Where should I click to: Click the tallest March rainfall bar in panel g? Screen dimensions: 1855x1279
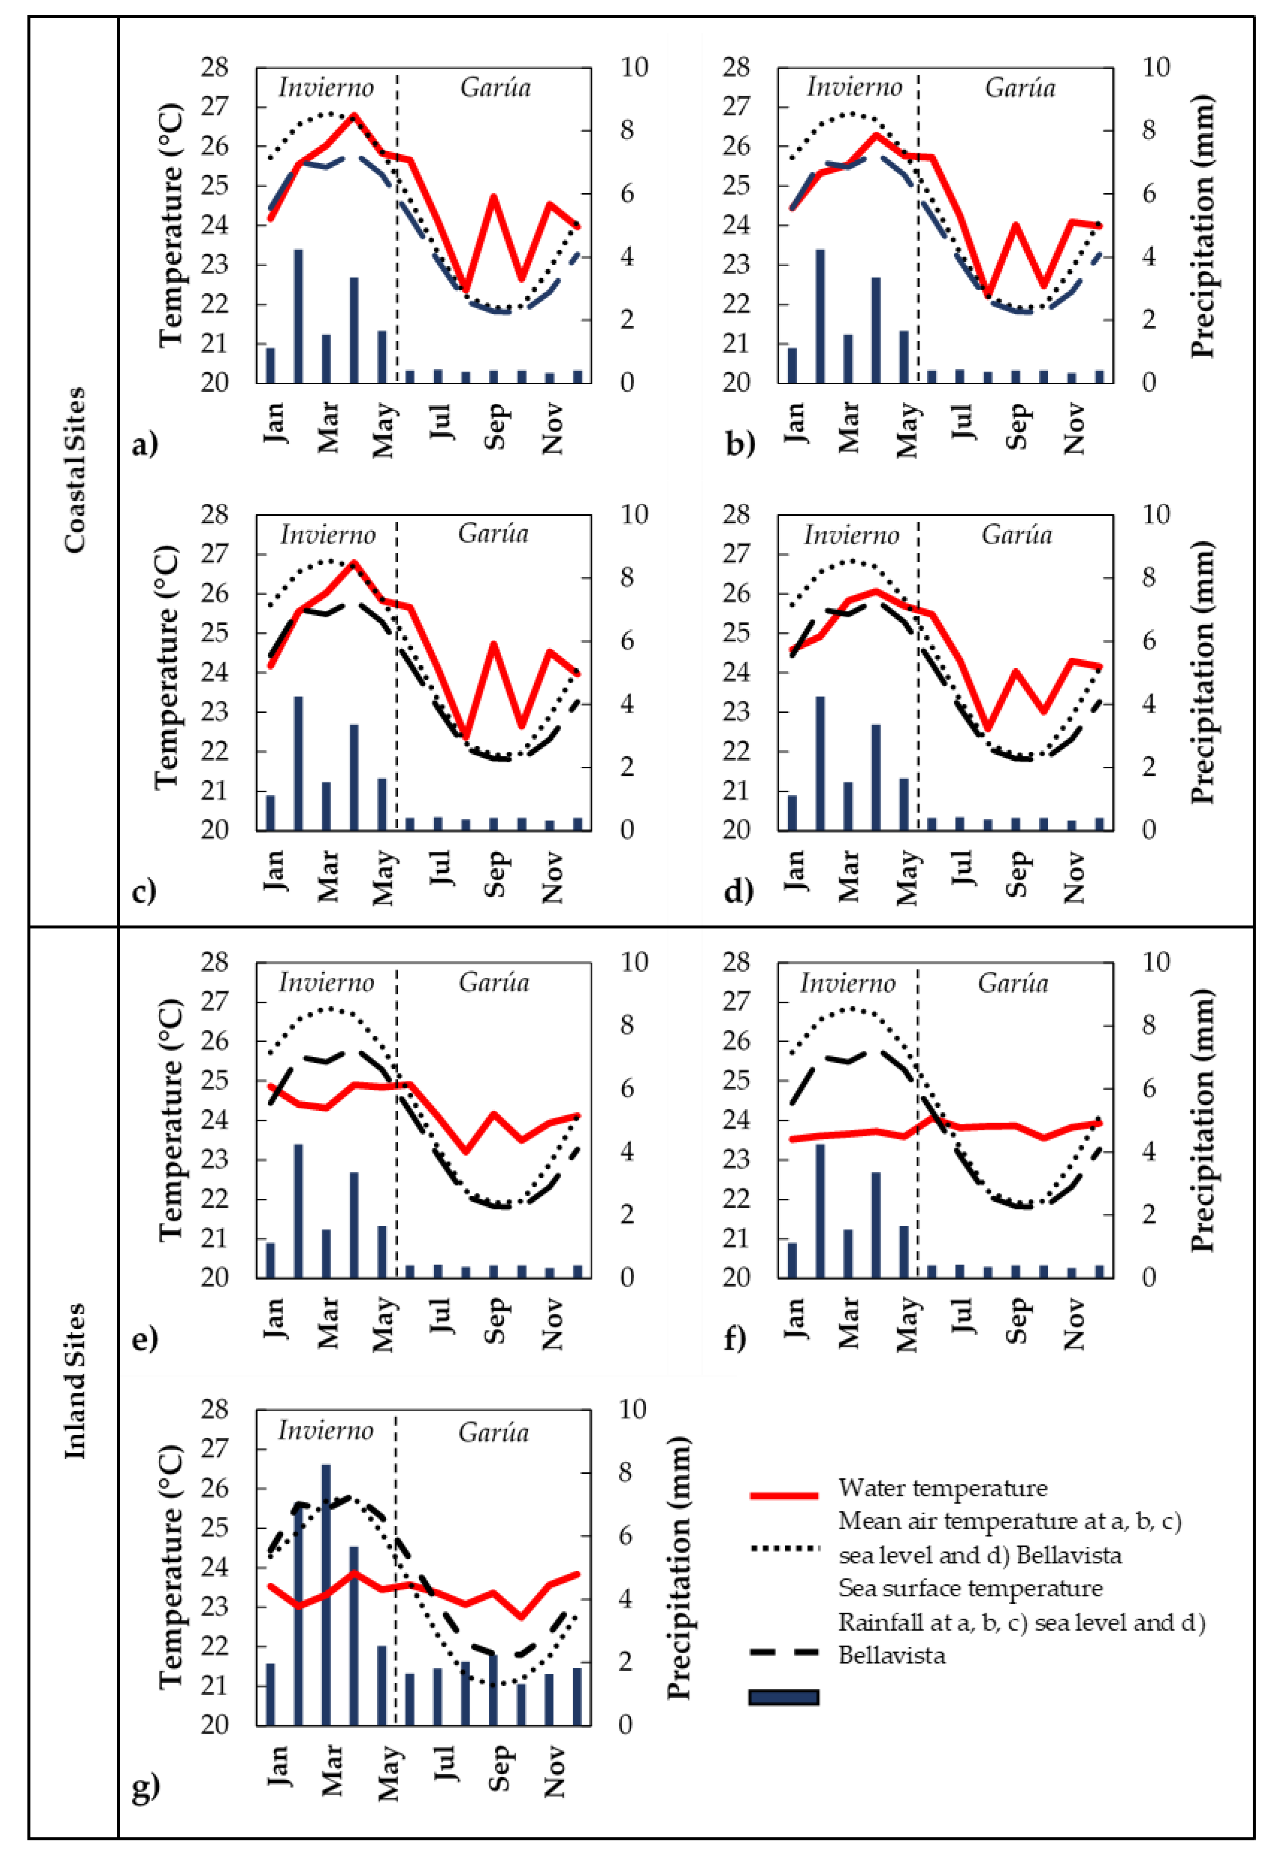pyautogui.click(x=326, y=1595)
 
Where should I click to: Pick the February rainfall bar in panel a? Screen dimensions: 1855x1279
pyautogui.click(x=298, y=317)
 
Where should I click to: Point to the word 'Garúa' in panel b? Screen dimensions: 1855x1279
pyautogui.click(x=1019, y=87)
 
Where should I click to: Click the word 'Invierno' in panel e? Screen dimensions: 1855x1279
pyautogui.click(x=326, y=982)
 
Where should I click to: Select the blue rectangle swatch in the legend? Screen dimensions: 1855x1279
pyautogui.click(x=784, y=1696)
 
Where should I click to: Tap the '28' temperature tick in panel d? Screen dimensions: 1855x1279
pyautogui.click(x=735, y=514)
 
